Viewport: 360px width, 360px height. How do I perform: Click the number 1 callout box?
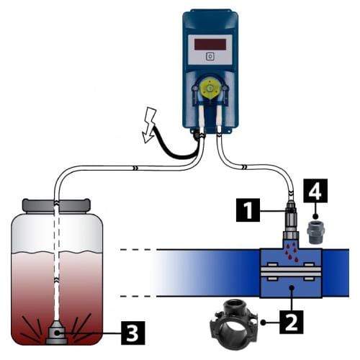(x=248, y=210)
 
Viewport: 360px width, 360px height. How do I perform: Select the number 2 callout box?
(x=292, y=322)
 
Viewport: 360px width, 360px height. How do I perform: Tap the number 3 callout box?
(x=133, y=333)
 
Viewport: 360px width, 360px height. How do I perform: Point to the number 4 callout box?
(x=315, y=191)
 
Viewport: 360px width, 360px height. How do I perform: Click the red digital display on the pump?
(x=210, y=45)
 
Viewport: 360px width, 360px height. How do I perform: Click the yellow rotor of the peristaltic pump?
(x=210, y=88)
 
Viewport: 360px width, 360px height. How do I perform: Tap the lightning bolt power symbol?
(x=149, y=125)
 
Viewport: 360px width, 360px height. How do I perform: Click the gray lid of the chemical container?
(x=56, y=205)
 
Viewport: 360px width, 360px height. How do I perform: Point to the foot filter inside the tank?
(x=56, y=333)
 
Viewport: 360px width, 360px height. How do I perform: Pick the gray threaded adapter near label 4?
(x=316, y=232)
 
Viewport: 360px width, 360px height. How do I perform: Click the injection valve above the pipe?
(x=291, y=221)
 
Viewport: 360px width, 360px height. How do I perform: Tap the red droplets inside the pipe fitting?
(x=291, y=253)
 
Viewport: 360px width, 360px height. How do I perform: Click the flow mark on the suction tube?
(x=135, y=168)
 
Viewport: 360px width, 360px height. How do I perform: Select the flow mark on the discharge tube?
(x=244, y=166)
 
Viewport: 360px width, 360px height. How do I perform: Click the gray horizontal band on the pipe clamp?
(x=291, y=271)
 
